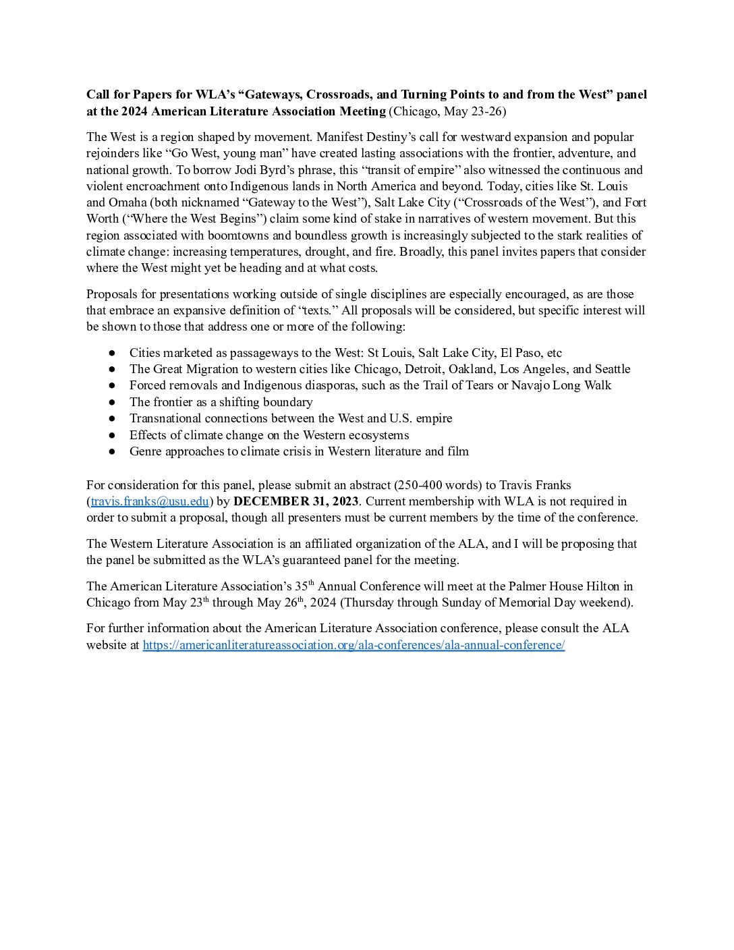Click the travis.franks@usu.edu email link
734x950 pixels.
coord(150,501)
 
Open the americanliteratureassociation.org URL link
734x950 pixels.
coord(354,645)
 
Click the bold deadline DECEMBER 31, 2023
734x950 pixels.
coord(296,501)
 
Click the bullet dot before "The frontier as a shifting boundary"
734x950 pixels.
coord(113,402)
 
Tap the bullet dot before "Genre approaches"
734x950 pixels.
coord(113,451)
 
